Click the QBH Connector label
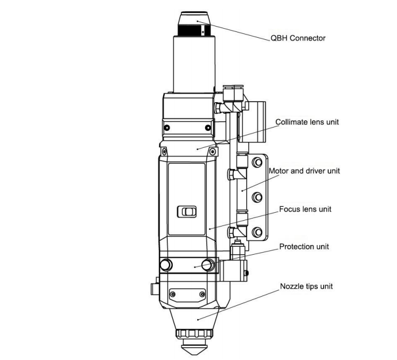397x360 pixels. (298, 38)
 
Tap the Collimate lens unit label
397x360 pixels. (307, 122)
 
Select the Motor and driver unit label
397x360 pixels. (304, 171)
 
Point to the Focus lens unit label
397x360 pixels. (305, 209)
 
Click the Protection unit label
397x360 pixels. (304, 247)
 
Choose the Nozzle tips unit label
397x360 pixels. (306, 286)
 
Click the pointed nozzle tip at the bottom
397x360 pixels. (195, 349)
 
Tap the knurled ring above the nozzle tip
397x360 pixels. (195, 333)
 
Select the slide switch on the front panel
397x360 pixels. (187, 212)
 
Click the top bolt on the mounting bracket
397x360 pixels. (258, 162)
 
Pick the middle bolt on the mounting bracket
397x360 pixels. (258, 197)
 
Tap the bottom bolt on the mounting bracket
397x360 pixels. (258, 232)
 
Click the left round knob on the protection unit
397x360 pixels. (166, 265)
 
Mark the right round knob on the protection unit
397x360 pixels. (208, 265)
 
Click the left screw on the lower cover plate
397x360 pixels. (173, 294)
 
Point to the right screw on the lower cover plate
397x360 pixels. (202, 294)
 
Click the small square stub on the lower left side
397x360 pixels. (155, 289)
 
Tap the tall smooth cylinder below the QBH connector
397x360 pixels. (194, 64)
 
